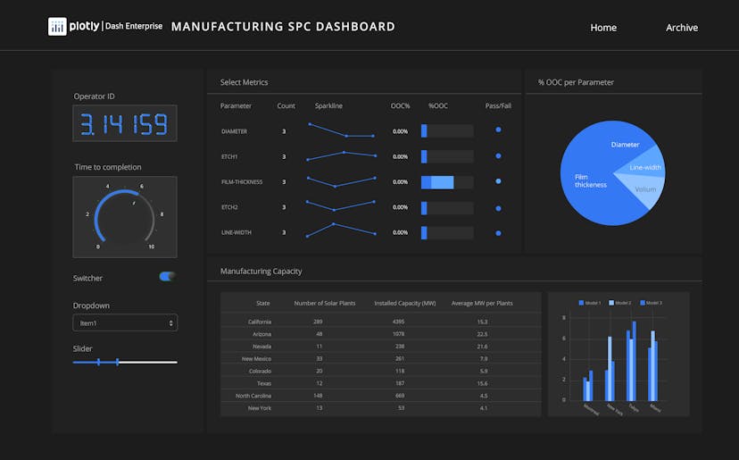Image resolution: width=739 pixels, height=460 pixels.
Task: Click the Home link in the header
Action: (603, 28)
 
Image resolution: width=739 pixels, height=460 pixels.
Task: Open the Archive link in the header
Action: (682, 28)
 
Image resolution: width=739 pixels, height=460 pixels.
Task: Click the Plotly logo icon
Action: (57, 27)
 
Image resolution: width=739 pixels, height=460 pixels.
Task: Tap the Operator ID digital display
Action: (125, 123)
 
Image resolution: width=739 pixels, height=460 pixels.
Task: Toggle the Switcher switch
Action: (167, 277)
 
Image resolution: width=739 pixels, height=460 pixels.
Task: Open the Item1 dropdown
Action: (125, 322)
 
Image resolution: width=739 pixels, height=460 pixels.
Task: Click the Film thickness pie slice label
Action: (591, 181)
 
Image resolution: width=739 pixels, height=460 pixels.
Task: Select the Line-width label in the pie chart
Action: (645, 167)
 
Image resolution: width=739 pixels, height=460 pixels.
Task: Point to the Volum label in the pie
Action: (645, 189)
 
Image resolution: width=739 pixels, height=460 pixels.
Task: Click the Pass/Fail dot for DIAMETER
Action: (498, 130)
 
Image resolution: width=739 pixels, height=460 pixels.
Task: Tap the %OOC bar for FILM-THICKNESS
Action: (438, 182)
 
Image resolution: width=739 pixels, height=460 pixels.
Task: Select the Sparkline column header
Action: (328, 106)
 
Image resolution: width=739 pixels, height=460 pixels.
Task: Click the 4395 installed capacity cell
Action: (398, 322)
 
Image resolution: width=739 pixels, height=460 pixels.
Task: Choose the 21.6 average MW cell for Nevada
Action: (482, 346)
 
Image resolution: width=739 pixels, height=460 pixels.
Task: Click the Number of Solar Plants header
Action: (325, 304)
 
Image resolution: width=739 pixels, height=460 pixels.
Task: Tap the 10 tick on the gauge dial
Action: (151, 247)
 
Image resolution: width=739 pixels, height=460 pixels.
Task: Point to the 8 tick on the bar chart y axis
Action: (564, 318)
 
